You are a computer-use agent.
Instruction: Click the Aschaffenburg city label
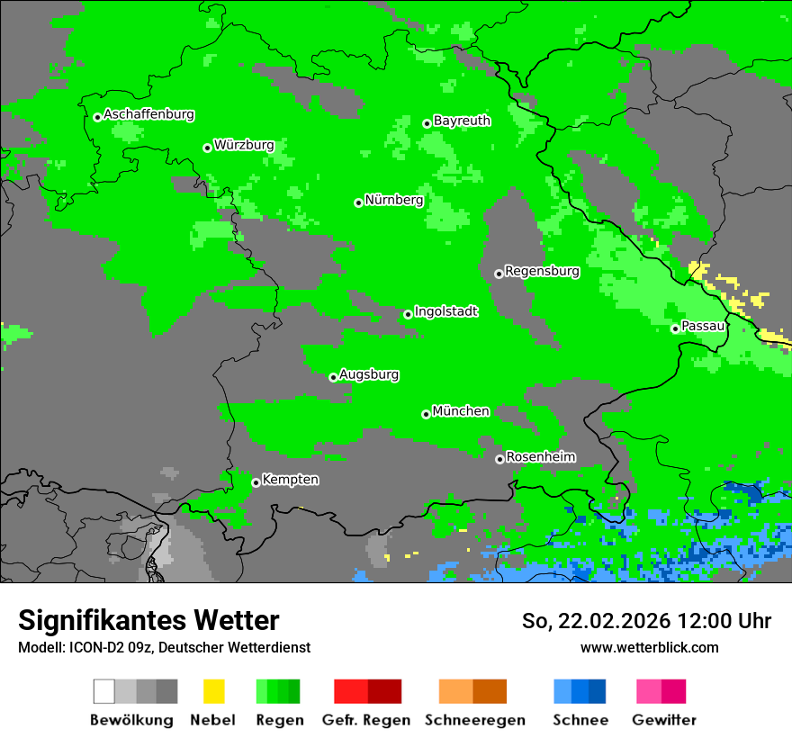pyautogui.click(x=148, y=114)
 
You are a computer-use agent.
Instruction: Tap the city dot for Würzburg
pyautogui.click(x=207, y=148)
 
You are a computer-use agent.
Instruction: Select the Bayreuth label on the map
pyautogui.click(x=462, y=121)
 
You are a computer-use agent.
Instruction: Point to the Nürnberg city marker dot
pyautogui.click(x=358, y=202)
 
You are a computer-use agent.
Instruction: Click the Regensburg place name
pyautogui.click(x=542, y=271)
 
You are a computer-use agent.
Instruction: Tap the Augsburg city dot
pyautogui.click(x=333, y=377)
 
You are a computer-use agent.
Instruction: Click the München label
pyautogui.click(x=461, y=411)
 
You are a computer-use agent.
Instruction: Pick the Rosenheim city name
pyautogui.click(x=540, y=457)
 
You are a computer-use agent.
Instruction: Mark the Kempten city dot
pyautogui.click(x=256, y=482)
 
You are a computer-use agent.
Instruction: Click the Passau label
pyautogui.click(x=703, y=326)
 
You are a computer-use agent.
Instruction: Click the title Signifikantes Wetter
pyautogui.click(x=148, y=621)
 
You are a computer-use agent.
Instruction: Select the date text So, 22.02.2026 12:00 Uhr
pyautogui.click(x=646, y=621)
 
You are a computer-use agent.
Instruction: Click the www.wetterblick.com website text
pyautogui.click(x=649, y=647)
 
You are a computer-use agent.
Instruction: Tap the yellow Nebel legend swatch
pyautogui.click(x=213, y=691)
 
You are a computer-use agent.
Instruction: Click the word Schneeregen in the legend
pyautogui.click(x=474, y=720)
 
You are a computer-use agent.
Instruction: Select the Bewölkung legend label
pyautogui.click(x=131, y=720)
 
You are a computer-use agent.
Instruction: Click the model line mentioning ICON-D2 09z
pyautogui.click(x=164, y=647)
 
